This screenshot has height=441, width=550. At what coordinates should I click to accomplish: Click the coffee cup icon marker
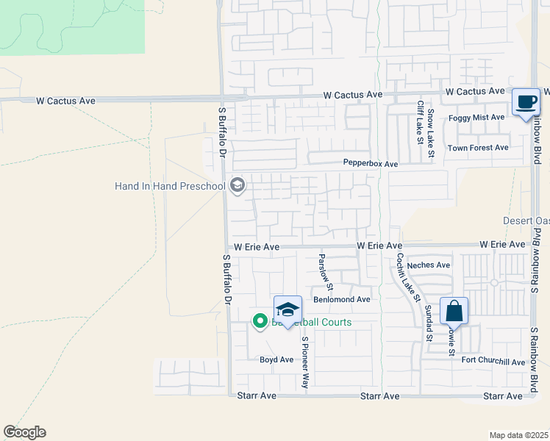(526, 102)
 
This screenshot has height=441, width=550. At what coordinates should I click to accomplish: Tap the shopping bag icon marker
(454, 311)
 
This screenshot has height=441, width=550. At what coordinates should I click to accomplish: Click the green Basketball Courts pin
(260, 321)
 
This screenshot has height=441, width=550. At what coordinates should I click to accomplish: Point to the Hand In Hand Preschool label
(169, 186)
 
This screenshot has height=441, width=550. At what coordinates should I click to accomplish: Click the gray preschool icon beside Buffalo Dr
(237, 184)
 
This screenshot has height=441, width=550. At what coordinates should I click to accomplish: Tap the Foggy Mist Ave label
(476, 117)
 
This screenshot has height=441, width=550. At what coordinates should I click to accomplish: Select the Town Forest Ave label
(478, 148)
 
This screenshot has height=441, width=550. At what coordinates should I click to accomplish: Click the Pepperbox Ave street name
(370, 163)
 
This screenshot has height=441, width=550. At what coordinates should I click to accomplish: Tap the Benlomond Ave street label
(341, 299)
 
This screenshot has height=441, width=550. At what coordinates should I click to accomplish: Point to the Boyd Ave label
(276, 359)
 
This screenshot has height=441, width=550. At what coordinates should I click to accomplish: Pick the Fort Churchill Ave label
(493, 361)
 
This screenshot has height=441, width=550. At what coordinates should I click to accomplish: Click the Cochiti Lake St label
(407, 278)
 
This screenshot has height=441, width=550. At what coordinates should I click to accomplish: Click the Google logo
(24, 432)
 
